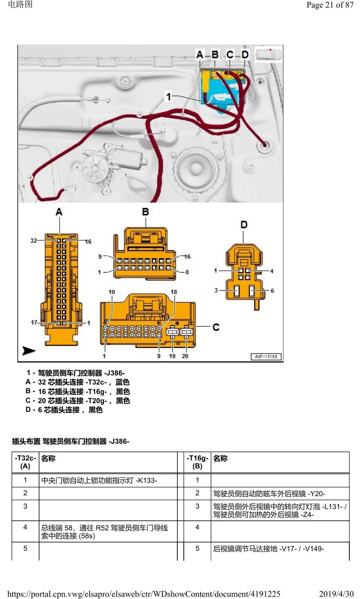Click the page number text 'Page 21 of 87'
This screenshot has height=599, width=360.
(x=330, y=5)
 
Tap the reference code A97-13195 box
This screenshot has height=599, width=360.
(x=266, y=356)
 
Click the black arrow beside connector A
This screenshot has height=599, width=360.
(x=29, y=350)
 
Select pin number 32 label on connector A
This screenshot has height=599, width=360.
(x=33, y=240)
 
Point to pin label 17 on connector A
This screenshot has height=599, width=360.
(x=34, y=322)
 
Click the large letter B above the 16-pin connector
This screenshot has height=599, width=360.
(x=145, y=212)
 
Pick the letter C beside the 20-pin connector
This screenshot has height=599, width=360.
(x=216, y=327)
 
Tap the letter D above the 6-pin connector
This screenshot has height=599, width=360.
(x=244, y=224)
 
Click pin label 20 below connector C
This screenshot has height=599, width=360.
(x=185, y=356)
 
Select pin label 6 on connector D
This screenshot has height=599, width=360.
(x=272, y=291)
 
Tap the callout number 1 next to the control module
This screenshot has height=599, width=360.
(x=168, y=96)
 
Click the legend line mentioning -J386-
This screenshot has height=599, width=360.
(x=76, y=373)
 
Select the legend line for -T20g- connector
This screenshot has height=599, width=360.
(x=77, y=400)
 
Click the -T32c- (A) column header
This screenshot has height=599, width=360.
(x=25, y=462)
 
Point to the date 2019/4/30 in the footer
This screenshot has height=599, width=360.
(x=336, y=594)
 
